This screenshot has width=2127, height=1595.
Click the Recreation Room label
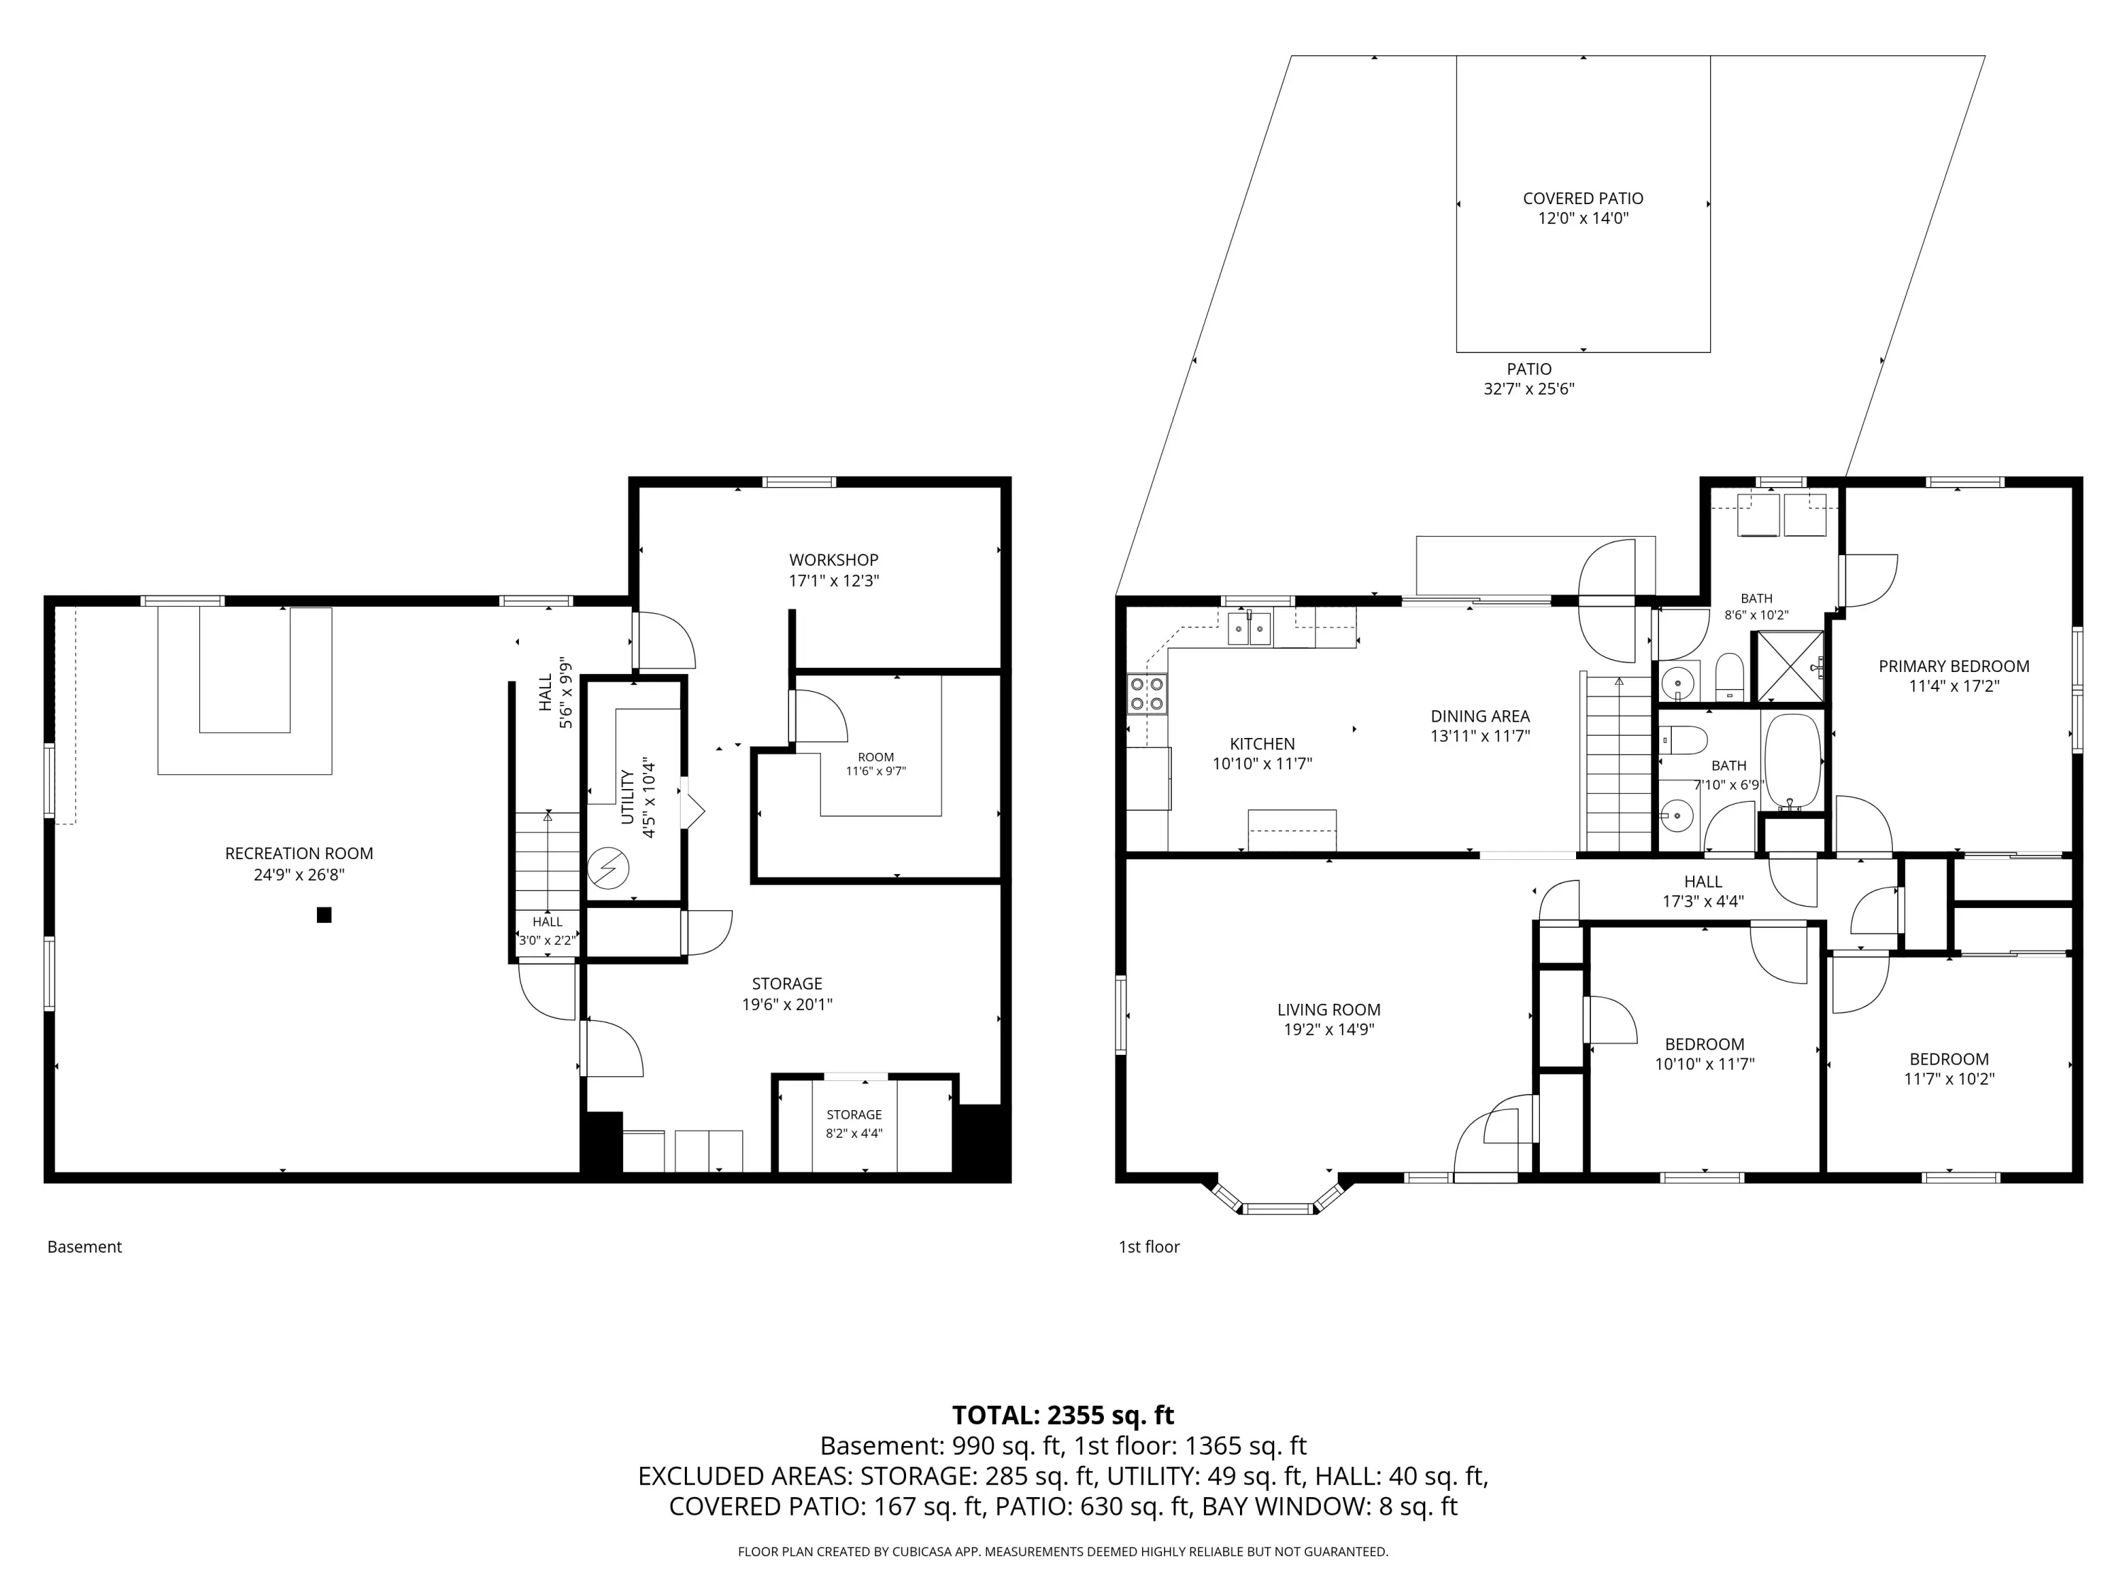pyautogui.click(x=299, y=854)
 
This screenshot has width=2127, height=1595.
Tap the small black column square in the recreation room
pyautogui.click(x=324, y=915)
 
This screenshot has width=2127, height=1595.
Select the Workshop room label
pyautogui.click(x=834, y=559)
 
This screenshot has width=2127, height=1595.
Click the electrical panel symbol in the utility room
pyautogui.click(x=608, y=868)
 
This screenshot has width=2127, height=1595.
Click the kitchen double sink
pyautogui.click(x=1249, y=629)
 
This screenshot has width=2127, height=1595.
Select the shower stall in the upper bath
pyautogui.click(x=1790, y=666)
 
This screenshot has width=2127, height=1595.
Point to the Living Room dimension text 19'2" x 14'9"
pyautogui.click(x=1329, y=1030)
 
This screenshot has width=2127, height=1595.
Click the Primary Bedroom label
pyautogui.click(x=1954, y=666)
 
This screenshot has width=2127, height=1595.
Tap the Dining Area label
pyautogui.click(x=1480, y=716)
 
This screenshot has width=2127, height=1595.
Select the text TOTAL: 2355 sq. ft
pyautogui.click(x=1063, y=1415)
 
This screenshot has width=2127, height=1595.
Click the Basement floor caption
pyautogui.click(x=84, y=1247)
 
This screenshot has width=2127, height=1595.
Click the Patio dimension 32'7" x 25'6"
pyautogui.click(x=1529, y=389)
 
